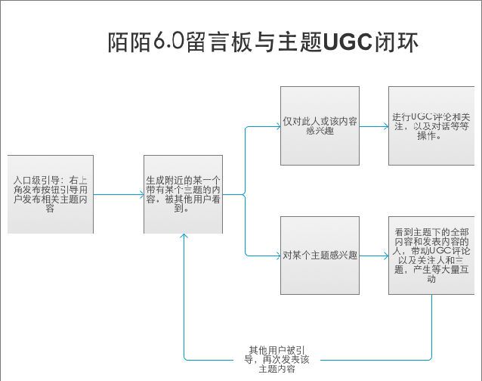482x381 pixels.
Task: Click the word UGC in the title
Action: [x=346, y=42]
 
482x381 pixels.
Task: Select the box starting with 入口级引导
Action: [x=51, y=194]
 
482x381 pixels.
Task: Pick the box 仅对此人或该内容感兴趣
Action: [x=319, y=125]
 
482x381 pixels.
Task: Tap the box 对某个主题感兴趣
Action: [x=319, y=256]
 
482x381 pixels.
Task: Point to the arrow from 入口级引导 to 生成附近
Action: [x=119, y=195]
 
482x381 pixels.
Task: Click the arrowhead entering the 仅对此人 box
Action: [x=277, y=125]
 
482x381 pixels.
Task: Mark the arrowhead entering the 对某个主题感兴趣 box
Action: [x=277, y=256]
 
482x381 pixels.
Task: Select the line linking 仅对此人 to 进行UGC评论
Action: [x=374, y=125]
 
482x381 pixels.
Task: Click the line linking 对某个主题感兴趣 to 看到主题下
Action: [x=374, y=256]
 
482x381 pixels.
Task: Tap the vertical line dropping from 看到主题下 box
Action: [x=432, y=325]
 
